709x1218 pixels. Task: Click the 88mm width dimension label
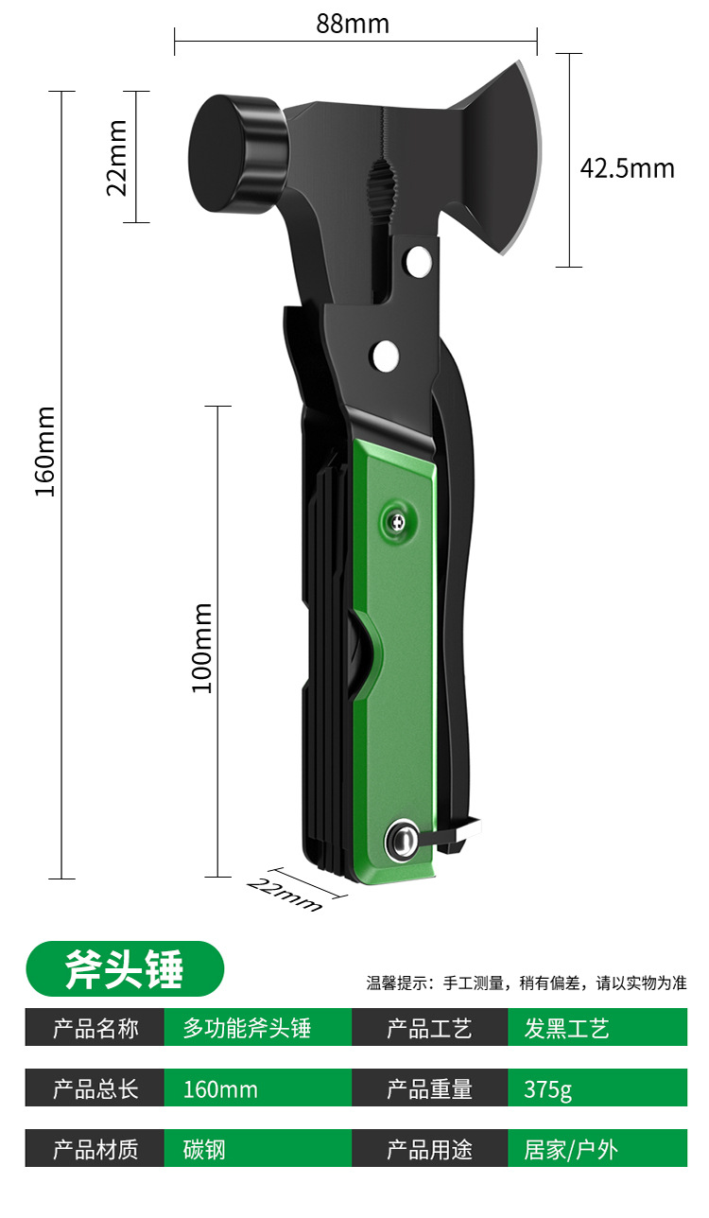(x=353, y=24)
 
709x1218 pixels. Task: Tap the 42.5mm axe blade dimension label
(x=627, y=168)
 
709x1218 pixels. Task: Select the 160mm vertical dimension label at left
(x=45, y=451)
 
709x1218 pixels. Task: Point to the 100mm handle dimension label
(x=201, y=648)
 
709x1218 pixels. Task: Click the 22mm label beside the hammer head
(x=116, y=158)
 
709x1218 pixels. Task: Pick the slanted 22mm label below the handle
(x=285, y=894)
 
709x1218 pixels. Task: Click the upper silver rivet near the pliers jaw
(x=419, y=260)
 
